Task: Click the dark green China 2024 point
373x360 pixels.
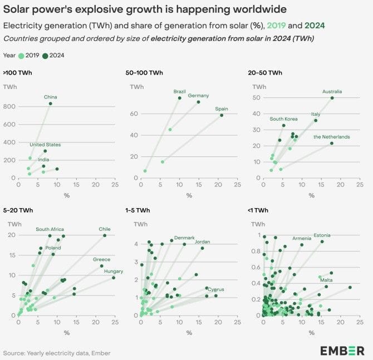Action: pos(51,103)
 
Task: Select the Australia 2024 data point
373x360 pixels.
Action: pos(332,98)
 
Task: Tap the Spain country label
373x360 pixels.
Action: pos(222,109)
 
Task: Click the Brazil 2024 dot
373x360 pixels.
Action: pos(180,98)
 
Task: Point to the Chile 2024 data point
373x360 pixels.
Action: pos(105,235)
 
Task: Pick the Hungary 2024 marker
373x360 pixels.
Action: pos(114,278)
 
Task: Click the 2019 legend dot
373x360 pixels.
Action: pos(21,56)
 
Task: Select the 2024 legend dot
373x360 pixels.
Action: pos(45,56)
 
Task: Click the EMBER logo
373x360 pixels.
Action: pos(342,351)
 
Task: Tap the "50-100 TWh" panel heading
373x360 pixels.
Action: pos(144,73)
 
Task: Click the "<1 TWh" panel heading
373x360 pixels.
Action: pos(258,210)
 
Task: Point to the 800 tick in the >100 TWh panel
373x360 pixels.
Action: pos(9,106)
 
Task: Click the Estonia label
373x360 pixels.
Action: pos(322,235)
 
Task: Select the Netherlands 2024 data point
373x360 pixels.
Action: pos(332,143)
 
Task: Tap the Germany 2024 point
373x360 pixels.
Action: pos(198,102)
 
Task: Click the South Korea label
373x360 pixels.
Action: pos(283,119)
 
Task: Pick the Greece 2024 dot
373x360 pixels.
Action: pos(101,266)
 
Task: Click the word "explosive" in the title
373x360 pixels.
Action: pos(99,9)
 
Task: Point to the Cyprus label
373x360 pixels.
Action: pos(216,290)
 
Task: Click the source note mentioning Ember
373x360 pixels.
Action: pos(57,353)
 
